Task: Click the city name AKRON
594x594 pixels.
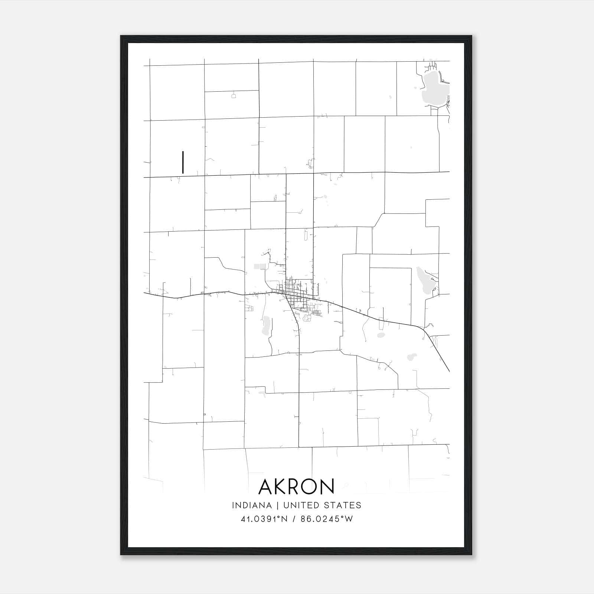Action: click(x=296, y=486)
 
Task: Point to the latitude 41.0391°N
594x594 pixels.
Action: click(x=264, y=519)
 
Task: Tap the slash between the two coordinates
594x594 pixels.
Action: click(x=294, y=519)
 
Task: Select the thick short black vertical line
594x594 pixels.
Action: click(x=183, y=162)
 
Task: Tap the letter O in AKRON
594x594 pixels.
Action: click(x=312, y=486)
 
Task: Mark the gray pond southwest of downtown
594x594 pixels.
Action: click(x=265, y=325)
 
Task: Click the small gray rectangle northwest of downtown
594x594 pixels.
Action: click(x=260, y=266)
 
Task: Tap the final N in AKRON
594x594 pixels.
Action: click(x=328, y=486)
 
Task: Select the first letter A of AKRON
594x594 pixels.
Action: click(x=266, y=486)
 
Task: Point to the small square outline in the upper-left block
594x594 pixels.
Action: click(x=234, y=96)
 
